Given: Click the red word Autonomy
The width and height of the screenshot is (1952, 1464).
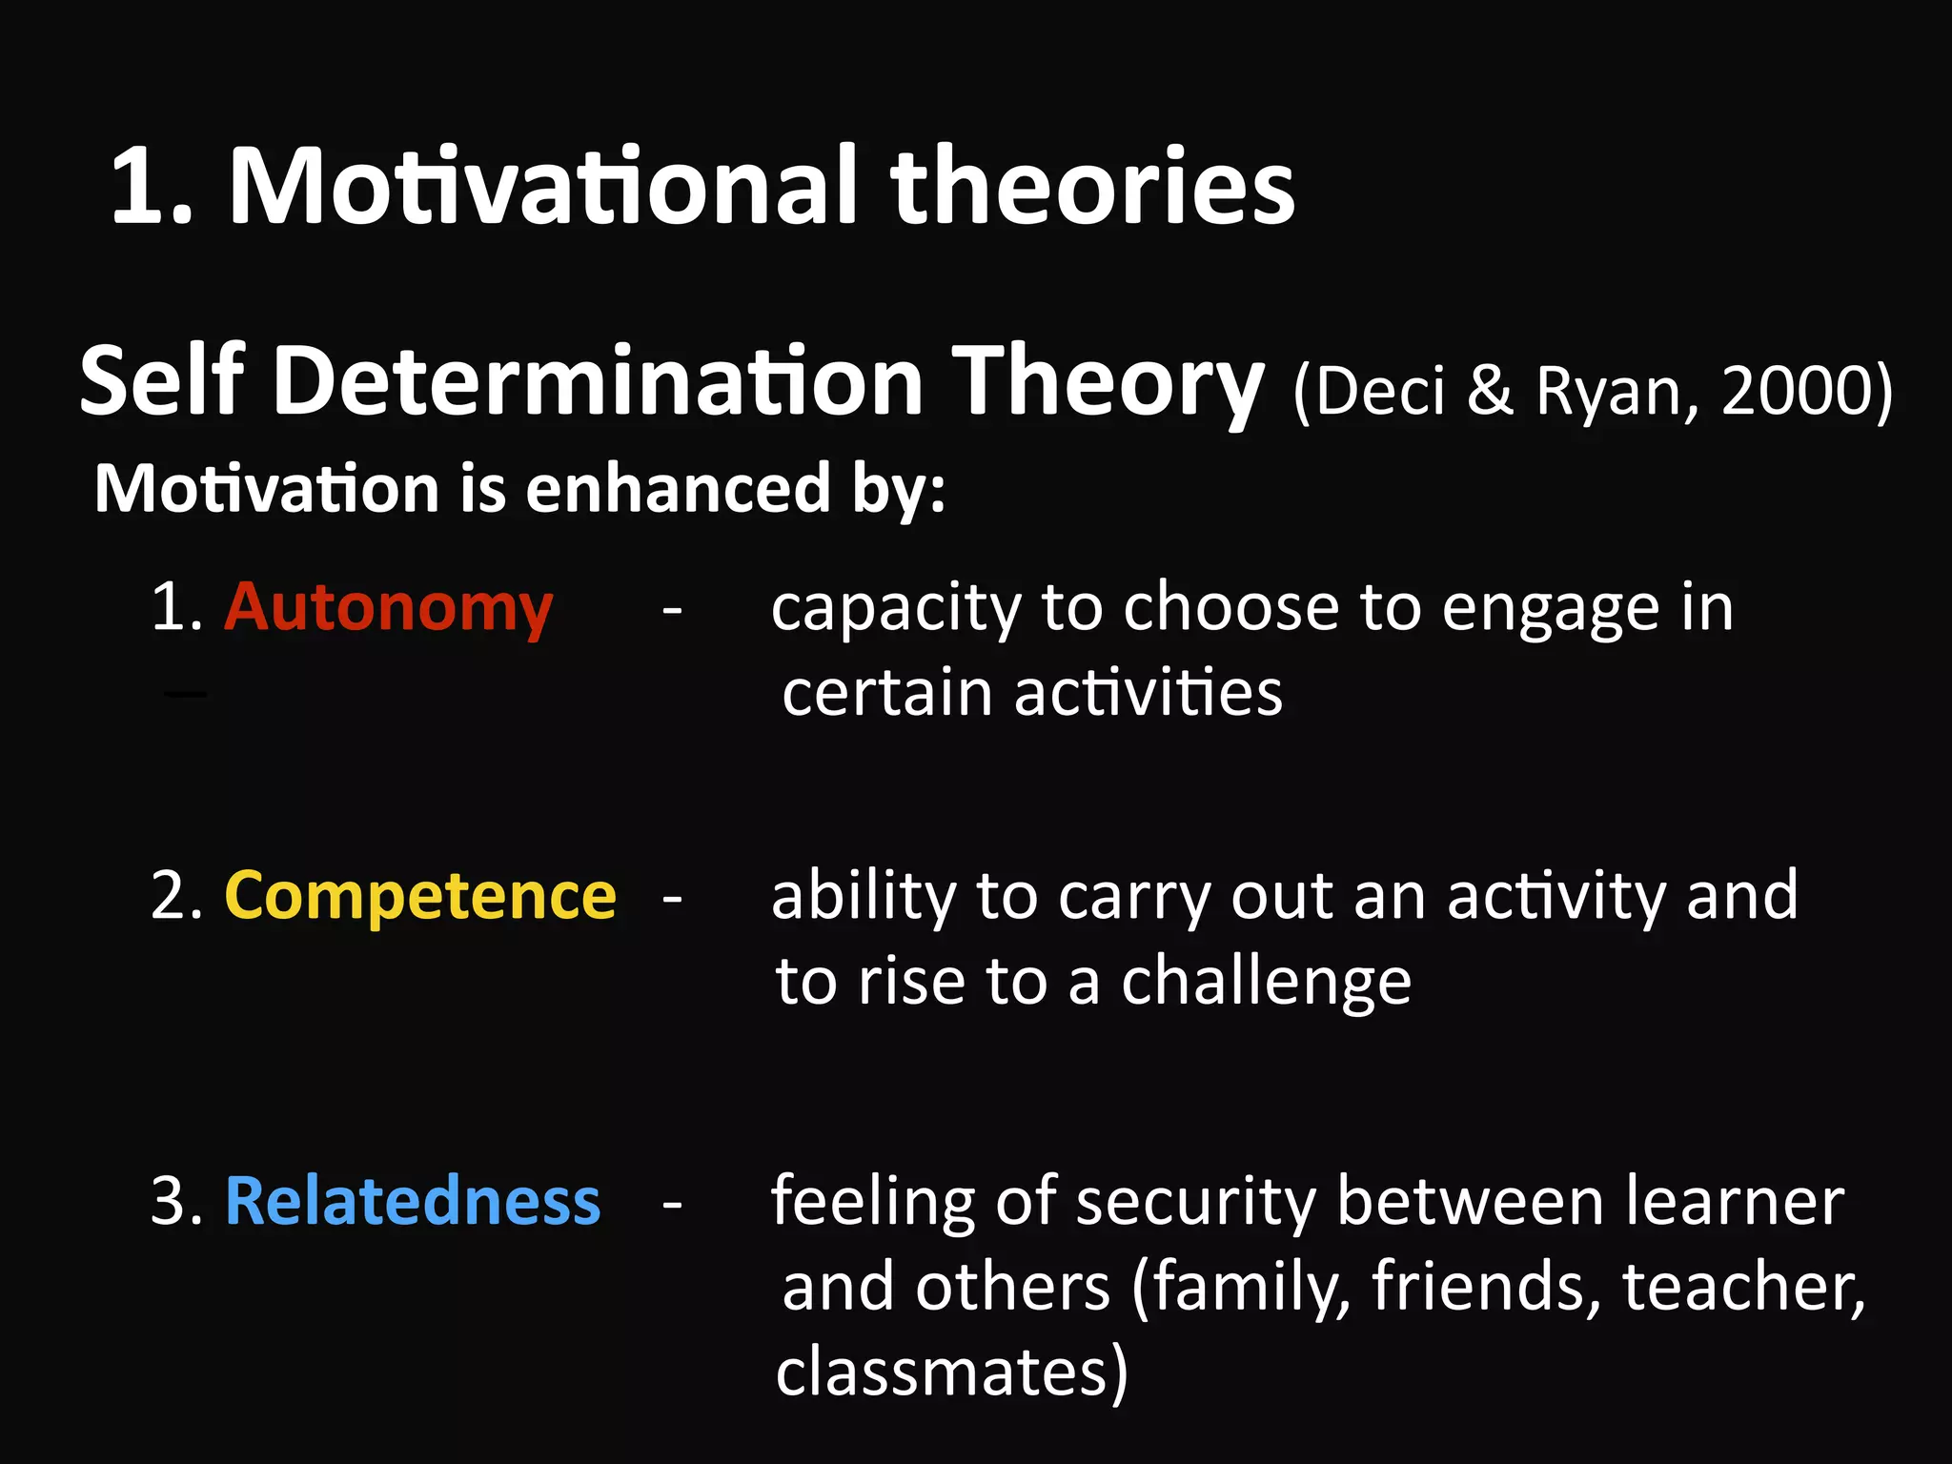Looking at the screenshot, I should click(x=388, y=608).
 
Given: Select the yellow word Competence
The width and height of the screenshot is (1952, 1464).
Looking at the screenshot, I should click(x=420, y=897).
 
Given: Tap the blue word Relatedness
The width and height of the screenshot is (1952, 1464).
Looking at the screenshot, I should click(x=413, y=1201).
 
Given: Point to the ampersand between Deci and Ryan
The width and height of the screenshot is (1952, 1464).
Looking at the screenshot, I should click(x=1490, y=391).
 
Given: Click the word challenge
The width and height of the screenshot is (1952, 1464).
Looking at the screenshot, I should click(x=1265, y=983).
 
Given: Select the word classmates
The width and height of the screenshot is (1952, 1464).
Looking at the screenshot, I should click(x=941, y=1372).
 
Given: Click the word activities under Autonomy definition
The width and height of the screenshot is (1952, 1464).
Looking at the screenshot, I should click(x=1148, y=693).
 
